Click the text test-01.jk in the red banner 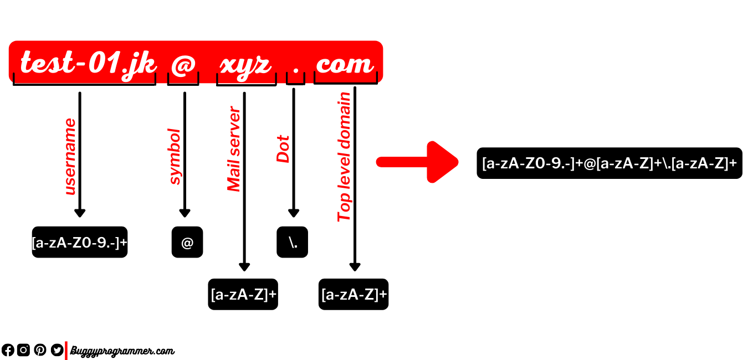pos(89,64)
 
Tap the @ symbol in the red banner pos(183,64)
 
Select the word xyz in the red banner pos(245,66)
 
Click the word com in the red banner pos(344,64)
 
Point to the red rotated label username pos(70,157)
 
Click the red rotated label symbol pos(175,157)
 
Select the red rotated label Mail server pos(233,149)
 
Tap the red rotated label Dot pos(283,149)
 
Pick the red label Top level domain pos(344,157)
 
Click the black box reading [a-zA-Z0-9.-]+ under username pos(79,242)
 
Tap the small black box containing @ pos(187,242)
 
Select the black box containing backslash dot pos(292,242)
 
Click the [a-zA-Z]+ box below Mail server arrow pos(243,294)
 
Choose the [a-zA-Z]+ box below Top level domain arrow pos(353,294)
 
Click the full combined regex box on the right pos(609,163)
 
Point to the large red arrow pos(417,162)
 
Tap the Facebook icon pos(8,350)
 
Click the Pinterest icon pos(40,350)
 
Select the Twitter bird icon pos(57,350)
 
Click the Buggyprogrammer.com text pos(122,351)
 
